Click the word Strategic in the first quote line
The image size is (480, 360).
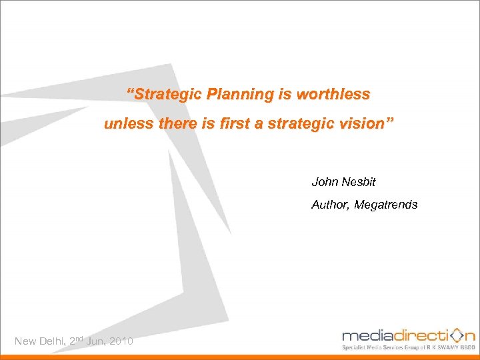(167, 94)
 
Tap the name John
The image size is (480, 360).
(325, 181)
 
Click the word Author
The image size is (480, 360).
(331, 205)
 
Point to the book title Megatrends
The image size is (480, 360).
(386, 205)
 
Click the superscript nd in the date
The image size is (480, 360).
(79, 339)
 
